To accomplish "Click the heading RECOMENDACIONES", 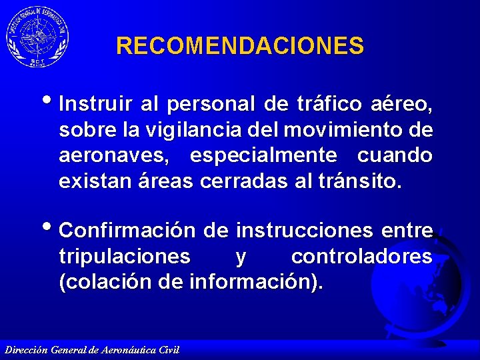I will pyautogui.click(x=240, y=46).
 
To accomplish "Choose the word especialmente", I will pyautogui.click(x=264, y=155).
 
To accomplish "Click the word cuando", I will pyautogui.click(x=395, y=155).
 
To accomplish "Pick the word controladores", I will pyautogui.click(x=361, y=257).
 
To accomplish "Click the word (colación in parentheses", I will pyautogui.click(x=105, y=282).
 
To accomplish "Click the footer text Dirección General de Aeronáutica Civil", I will pyautogui.click(x=91, y=350).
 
